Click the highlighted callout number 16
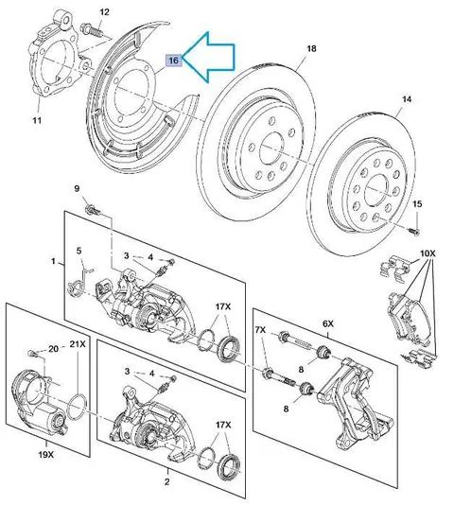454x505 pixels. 173,61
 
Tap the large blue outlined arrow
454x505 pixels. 209,57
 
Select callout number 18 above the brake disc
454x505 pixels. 311,48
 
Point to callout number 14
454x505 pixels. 407,99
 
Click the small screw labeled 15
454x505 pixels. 413,231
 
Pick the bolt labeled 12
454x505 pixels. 92,29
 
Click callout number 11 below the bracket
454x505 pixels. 37,120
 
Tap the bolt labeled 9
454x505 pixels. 92,209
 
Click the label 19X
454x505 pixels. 46,455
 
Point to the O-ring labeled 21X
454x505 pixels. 78,407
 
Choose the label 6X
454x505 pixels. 328,323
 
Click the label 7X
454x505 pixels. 260,330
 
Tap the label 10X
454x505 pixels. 428,253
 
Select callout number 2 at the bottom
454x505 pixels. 166,482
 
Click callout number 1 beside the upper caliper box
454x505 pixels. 54,261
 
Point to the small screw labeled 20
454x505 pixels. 32,353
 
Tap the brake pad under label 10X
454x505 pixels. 409,319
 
